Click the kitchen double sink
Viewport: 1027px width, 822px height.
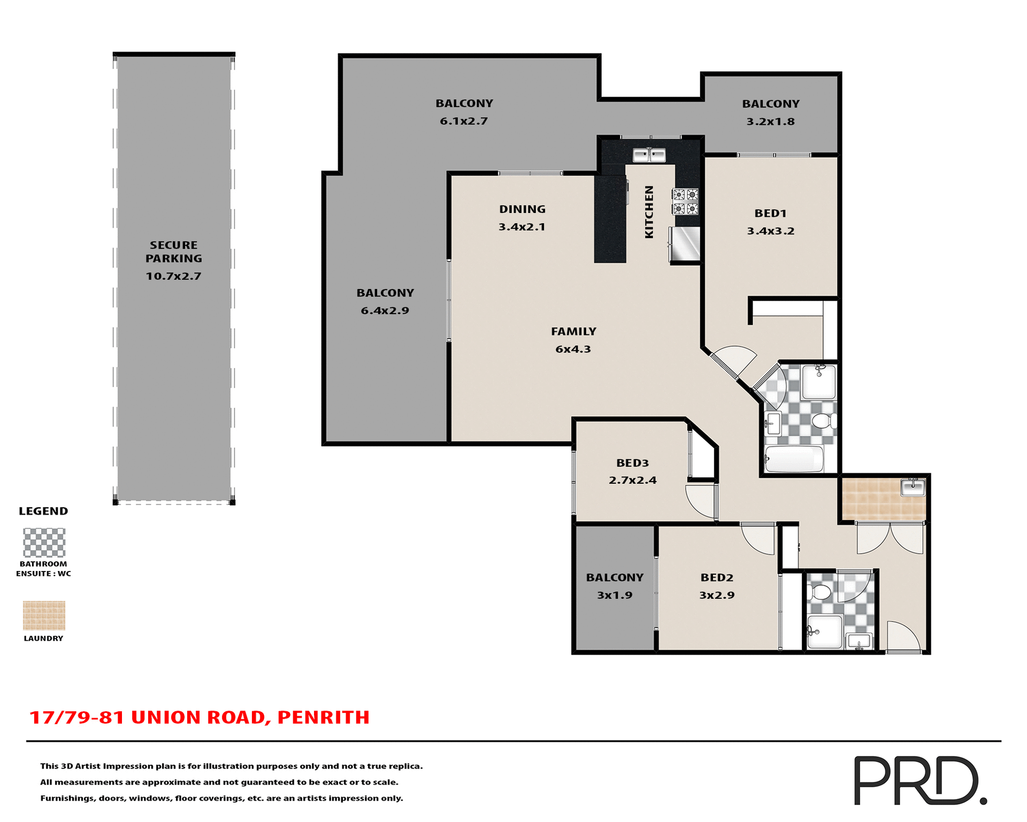[649, 155]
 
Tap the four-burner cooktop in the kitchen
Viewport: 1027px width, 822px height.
[685, 201]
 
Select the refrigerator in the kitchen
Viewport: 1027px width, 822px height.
[685, 244]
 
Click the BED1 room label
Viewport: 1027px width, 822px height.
[770, 213]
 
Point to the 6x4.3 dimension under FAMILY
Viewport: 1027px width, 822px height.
[573, 349]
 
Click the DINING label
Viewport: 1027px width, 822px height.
[522, 209]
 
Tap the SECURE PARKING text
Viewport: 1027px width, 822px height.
[174, 252]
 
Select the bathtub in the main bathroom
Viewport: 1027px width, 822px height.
[794, 459]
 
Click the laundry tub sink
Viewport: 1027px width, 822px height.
[913, 487]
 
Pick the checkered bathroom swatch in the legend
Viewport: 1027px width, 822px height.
[44, 543]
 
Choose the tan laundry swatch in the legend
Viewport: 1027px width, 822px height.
[44, 615]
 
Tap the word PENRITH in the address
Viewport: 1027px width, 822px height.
[323, 717]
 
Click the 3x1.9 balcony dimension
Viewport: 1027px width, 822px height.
[615, 595]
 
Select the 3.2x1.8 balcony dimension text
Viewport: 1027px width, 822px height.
[770, 121]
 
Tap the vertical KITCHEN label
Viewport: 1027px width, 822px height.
[649, 212]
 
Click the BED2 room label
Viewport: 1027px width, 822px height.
[717, 577]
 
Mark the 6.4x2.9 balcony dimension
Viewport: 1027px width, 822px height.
[385, 311]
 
